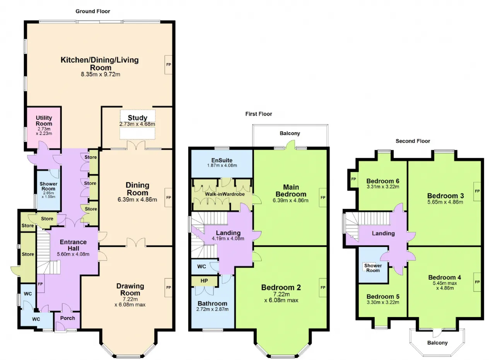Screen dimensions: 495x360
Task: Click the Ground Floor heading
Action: (x=92, y=11)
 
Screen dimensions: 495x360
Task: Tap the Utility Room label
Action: (x=44, y=121)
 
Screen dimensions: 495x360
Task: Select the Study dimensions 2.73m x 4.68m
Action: (x=137, y=124)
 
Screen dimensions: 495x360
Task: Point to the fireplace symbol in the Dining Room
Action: (x=168, y=197)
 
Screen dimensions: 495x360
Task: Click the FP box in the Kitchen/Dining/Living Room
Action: (x=168, y=65)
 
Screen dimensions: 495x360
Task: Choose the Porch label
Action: (x=68, y=318)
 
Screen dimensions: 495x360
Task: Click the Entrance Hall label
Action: (x=73, y=245)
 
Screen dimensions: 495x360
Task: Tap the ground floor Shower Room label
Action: (x=48, y=186)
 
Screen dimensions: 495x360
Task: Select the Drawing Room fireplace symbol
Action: (x=168, y=288)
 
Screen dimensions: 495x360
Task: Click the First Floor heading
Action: (x=259, y=114)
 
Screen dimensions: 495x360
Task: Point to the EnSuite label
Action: (x=222, y=160)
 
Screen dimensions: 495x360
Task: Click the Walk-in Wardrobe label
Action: (x=225, y=194)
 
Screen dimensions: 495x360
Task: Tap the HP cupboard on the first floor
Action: (x=205, y=281)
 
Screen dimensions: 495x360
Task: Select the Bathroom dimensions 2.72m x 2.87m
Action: (x=212, y=309)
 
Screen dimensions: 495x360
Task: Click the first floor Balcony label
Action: (x=290, y=133)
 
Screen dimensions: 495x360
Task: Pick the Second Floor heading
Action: (x=413, y=141)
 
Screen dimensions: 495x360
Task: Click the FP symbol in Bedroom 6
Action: (x=353, y=179)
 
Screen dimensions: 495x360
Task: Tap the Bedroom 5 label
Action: (x=383, y=296)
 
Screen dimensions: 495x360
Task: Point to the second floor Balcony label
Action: (x=437, y=343)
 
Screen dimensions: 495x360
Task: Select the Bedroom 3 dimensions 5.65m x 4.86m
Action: (x=445, y=202)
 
